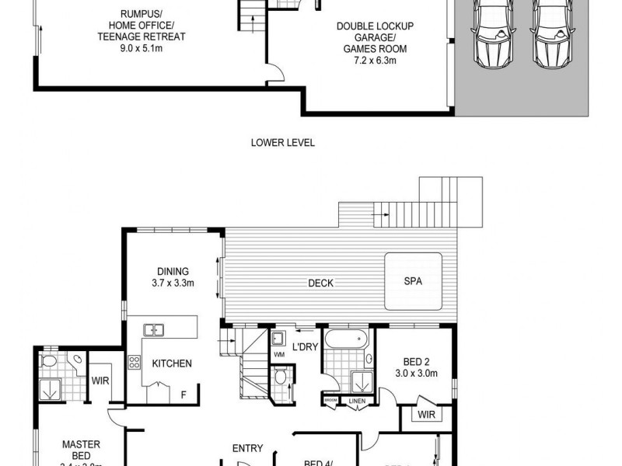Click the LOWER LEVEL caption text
282,142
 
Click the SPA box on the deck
413,282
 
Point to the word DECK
320,283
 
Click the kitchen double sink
152,330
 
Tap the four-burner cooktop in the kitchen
134,362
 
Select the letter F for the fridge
183,395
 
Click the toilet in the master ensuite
49,361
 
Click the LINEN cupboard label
357,401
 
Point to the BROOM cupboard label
331,401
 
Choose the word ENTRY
247,448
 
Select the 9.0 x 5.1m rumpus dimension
142,49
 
